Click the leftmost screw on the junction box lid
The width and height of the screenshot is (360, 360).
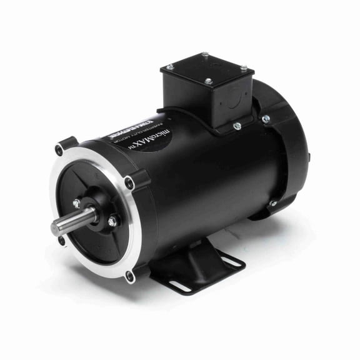click(169, 67)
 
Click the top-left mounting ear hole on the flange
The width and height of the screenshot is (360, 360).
click(59, 150)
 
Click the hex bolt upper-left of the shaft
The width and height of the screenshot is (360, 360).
click(76, 203)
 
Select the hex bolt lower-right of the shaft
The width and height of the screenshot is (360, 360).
click(112, 221)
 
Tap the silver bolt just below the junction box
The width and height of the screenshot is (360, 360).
click(238, 126)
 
